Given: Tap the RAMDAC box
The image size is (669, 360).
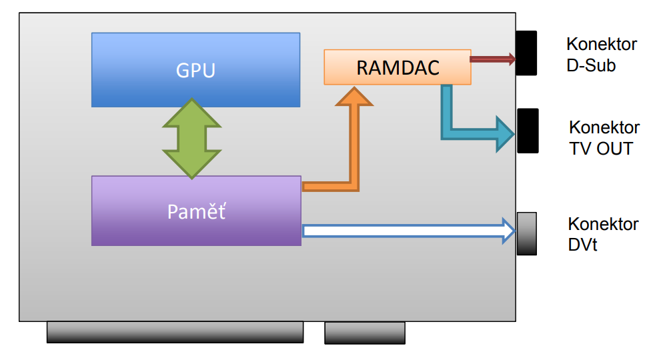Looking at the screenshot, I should tap(398, 67).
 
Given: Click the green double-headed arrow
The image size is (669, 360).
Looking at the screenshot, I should tap(191, 139).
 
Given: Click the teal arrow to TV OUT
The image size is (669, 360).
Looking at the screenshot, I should tap(467, 133).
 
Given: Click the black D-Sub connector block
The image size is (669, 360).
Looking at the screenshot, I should tap(528, 53).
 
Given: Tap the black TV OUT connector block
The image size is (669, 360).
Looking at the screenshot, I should tap(528, 131).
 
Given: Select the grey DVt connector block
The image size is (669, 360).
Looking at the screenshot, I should tap(526, 233).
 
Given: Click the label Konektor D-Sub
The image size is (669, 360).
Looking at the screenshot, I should tap(601, 55).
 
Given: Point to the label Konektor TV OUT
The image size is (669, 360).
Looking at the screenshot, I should tap(604, 137).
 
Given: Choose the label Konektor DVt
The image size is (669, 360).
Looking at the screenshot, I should tap(603, 234).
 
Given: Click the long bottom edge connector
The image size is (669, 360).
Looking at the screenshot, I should tap(175, 332).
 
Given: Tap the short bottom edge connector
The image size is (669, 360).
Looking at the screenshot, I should tap(364, 333).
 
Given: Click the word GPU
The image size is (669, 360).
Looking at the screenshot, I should tap(195, 70).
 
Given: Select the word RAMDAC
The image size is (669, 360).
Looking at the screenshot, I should tap(398, 67).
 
